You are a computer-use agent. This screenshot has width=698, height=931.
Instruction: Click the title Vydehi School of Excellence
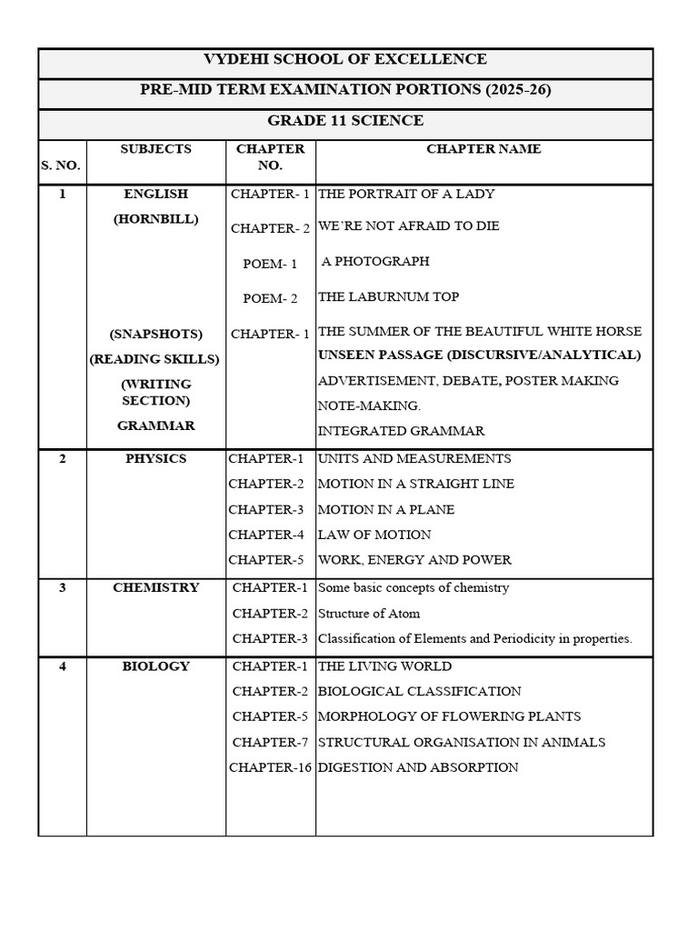(x=344, y=60)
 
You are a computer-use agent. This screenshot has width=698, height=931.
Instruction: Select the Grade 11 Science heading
(x=344, y=121)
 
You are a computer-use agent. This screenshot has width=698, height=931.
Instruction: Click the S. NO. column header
(x=61, y=165)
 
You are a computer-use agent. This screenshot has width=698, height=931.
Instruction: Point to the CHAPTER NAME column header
(x=484, y=149)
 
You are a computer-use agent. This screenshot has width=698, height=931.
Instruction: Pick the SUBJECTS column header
(x=155, y=149)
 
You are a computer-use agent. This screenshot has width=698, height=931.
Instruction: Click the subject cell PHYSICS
(x=155, y=459)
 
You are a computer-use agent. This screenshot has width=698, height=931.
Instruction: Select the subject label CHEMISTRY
(x=155, y=588)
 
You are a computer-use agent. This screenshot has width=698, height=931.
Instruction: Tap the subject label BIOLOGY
(x=155, y=666)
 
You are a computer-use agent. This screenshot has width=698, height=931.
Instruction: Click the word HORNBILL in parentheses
(x=155, y=220)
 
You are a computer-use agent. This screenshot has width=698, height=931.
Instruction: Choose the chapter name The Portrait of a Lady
(x=405, y=195)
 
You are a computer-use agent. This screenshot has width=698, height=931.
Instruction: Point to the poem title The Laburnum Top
(x=388, y=297)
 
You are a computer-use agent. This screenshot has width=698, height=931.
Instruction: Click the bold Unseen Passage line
(x=479, y=355)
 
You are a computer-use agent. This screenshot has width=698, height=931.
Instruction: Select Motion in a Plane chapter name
(x=386, y=510)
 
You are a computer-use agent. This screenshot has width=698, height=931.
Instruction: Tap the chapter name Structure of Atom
(x=369, y=614)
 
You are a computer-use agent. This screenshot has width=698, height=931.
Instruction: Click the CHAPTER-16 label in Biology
(x=270, y=768)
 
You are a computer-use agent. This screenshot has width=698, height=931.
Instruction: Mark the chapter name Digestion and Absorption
(x=418, y=768)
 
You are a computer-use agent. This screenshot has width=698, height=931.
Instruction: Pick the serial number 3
(x=62, y=588)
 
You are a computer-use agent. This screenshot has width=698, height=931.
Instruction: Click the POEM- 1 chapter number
(x=270, y=265)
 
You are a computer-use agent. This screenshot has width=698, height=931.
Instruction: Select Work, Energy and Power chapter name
(x=414, y=561)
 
